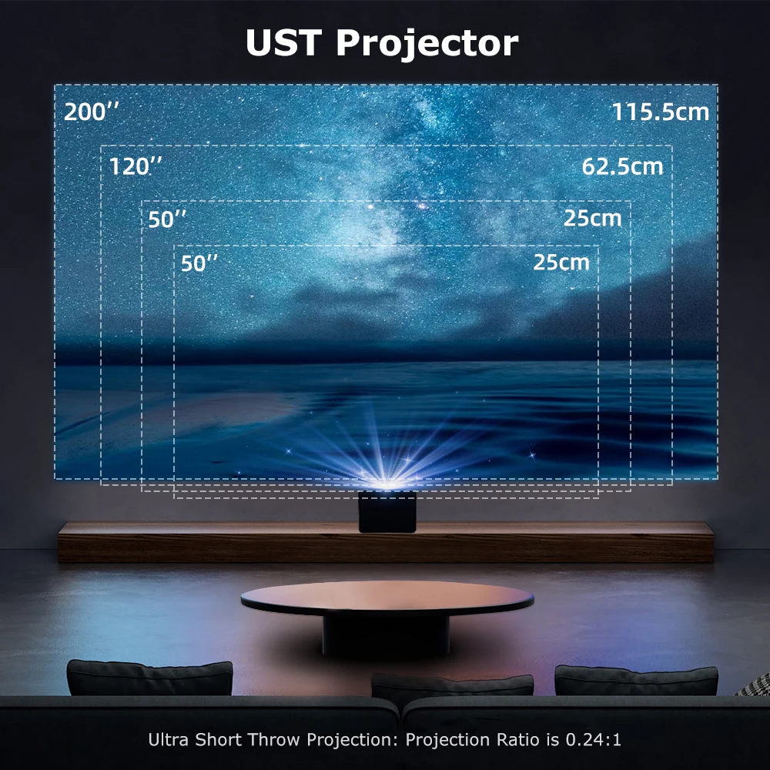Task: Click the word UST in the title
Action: point(283,43)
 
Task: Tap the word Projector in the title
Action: point(427,45)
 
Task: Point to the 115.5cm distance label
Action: point(660,112)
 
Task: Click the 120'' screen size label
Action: point(136,166)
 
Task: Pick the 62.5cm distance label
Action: point(622,166)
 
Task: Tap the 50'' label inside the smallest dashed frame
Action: point(199,263)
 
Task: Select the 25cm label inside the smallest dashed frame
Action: point(561,262)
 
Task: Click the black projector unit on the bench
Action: point(388,512)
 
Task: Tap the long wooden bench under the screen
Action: point(192,543)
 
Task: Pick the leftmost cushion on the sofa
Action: point(149,678)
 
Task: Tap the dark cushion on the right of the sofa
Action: point(636,681)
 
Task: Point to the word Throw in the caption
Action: point(274,741)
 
